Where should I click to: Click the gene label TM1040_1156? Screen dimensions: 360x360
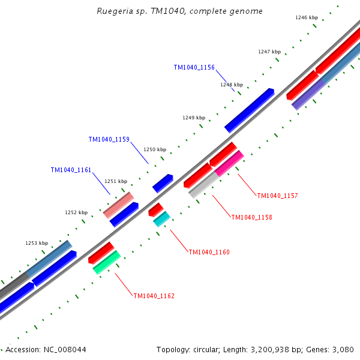pyautogui.click(x=194, y=68)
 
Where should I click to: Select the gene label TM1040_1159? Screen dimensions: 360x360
pyautogui.click(x=109, y=140)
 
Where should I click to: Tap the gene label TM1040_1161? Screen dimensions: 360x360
pyautogui.click(x=71, y=170)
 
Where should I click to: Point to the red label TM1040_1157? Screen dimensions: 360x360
pyautogui.click(x=277, y=196)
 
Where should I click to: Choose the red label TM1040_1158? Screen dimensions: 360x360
pyautogui.click(x=251, y=217)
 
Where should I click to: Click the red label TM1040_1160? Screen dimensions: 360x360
pyautogui.click(x=209, y=253)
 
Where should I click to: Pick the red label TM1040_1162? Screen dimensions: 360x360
pyautogui.click(x=154, y=296)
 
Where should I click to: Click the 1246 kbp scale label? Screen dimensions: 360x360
pyautogui.click(x=307, y=17)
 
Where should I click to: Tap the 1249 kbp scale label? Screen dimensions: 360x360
pyautogui.click(x=194, y=118)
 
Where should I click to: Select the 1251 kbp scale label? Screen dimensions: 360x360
pyautogui.click(x=116, y=181)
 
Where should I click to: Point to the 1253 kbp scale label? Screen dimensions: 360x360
pyautogui.click(x=37, y=243)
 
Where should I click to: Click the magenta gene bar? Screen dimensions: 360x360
pyautogui.click(x=229, y=163)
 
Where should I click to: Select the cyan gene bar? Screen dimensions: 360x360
pyautogui.click(x=162, y=219)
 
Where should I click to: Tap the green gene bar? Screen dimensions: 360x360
pyautogui.click(x=107, y=262)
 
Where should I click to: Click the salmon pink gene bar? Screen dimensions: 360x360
pyautogui.click(x=118, y=205)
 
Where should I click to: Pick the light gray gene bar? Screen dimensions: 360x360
pyautogui.click(x=204, y=185)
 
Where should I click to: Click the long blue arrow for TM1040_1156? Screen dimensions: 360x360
pyautogui.click(x=249, y=110)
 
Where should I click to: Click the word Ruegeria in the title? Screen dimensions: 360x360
pyautogui.click(x=114, y=11)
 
